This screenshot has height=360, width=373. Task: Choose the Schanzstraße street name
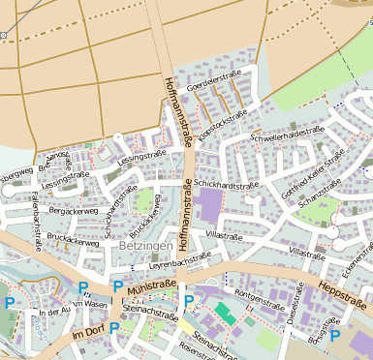(x=322, y=195)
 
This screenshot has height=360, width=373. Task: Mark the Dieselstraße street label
(x=292, y=308)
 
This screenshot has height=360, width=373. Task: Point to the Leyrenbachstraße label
(x=178, y=260)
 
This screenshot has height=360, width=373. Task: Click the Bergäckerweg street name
(x=74, y=210)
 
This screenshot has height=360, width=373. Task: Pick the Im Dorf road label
(x=86, y=333)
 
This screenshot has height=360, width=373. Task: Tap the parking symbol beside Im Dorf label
(x=114, y=328)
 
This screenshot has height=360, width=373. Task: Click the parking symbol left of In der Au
(x=10, y=304)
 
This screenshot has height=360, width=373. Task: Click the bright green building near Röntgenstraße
(x=225, y=313)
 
